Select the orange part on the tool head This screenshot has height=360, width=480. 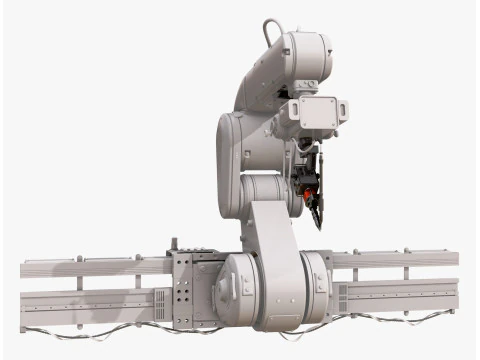310,183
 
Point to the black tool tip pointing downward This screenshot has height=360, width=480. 317,215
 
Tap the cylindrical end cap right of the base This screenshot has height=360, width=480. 317,287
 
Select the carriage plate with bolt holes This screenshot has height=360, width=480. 190,290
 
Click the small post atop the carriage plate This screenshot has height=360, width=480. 174,244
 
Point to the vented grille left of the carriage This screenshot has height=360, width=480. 162,301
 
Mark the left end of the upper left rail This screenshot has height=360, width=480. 24,268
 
